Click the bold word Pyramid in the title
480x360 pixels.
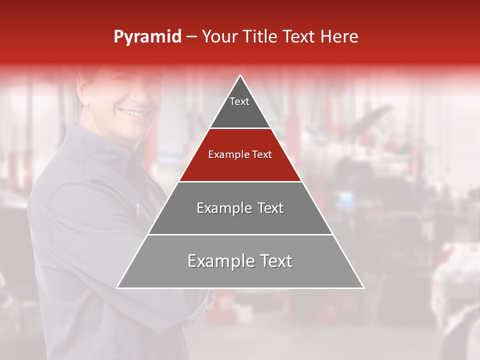pyautogui.click(x=147, y=37)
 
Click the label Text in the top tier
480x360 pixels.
pyautogui.click(x=239, y=101)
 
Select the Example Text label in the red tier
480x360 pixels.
pyautogui.click(x=240, y=154)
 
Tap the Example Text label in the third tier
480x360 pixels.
pyautogui.click(x=240, y=208)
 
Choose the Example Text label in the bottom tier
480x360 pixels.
pyautogui.click(x=240, y=261)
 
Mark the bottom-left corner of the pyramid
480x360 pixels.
pyautogui.click(x=117, y=288)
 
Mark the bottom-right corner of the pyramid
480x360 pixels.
pyautogui.click(x=363, y=288)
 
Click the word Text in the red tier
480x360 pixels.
pyautogui.click(x=261, y=154)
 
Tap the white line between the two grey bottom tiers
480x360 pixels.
pyautogui.click(x=240, y=234)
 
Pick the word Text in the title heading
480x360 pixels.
pyautogui.click(x=299, y=37)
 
